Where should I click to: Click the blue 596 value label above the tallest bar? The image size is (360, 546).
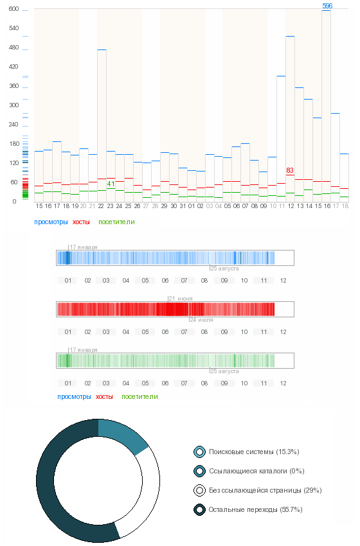pyautogui.click(x=327, y=6)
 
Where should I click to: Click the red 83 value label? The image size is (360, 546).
pyautogui.click(x=290, y=170)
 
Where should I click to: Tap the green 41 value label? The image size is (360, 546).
pyautogui.click(x=111, y=184)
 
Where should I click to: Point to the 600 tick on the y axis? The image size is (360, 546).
pyautogui.click(x=14, y=9)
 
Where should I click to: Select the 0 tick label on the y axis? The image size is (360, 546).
pyautogui.click(x=14, y=202)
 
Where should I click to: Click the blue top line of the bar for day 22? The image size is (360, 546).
pyautogui.click(x=102, y=50)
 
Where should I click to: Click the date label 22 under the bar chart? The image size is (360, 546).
pyautogui.click(x=101, y=206)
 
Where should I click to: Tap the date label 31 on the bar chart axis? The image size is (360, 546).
pyautogui.click(x=183, y=206)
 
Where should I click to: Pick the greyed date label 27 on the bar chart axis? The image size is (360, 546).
pyautogui.click(x=146, y=206)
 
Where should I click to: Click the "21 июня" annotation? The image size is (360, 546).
pyautogui.click(x=181, y=299)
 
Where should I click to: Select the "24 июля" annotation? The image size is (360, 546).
pyautogui.click(x=201, y=320)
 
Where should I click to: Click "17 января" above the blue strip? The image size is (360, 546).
pyautogui.click(x=84, y=247)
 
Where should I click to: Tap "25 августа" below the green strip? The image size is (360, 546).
pyautogui.click(x=225, y=371)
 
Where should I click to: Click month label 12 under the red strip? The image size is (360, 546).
pyautogui.click(x=283, y=332)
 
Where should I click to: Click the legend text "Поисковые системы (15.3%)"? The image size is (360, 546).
pyautogui.click(x=254, y=452)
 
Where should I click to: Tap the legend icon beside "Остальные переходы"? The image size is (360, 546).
pyautogui.click(x=200, y=510)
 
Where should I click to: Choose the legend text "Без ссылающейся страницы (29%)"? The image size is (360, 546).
pyautogui.click(x=265, y=490)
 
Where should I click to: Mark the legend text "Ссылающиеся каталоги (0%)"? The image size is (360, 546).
pyautogui.click(x=257, y=471)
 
